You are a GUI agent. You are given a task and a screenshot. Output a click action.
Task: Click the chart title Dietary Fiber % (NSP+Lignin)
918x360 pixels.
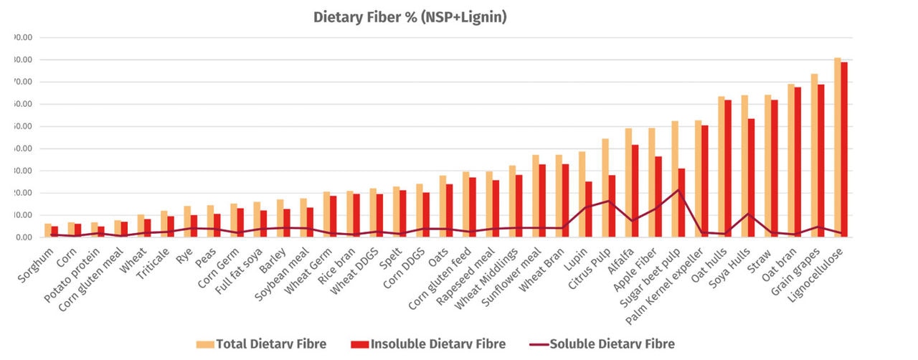[410, 17]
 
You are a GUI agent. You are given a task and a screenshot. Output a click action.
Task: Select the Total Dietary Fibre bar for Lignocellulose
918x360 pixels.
[838, 147]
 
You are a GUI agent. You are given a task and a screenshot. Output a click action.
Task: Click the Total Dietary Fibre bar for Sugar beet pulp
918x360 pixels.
[674, 179]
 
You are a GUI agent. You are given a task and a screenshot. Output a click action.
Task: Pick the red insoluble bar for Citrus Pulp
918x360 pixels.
[612, 206]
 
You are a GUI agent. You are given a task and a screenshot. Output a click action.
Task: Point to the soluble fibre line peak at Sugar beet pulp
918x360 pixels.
[678, 190]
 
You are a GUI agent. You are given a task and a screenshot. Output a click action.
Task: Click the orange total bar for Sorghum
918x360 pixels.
[47, 230]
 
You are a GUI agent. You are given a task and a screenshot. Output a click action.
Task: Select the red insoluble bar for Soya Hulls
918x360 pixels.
[752, 178]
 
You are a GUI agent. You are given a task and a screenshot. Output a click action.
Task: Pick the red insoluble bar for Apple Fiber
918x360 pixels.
[658, 196]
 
